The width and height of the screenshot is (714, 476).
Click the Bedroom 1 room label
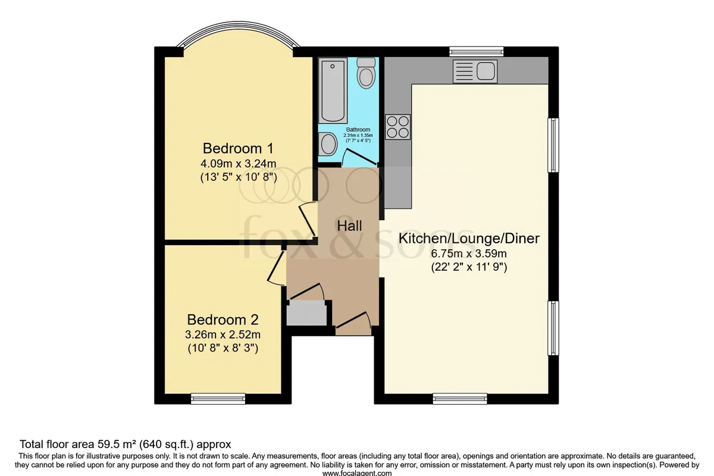(x=238, y=149)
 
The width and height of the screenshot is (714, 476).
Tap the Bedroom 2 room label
(x=223, y=320)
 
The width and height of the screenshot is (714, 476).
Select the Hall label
(x=349, y=226)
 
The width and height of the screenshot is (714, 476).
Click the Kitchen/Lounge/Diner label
(x=469, y=239)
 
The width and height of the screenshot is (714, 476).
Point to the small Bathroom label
(x=358, y=130)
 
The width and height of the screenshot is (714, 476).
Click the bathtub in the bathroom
(x=333, y=90)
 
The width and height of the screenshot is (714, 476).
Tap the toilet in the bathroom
(x=365, y=73)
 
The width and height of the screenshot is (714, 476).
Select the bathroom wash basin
(x=328, y=144)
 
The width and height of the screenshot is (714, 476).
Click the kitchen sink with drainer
(x=475, y=71)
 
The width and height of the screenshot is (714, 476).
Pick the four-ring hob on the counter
(x=398, y=127)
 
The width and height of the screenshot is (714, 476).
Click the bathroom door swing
(x=360, y=158)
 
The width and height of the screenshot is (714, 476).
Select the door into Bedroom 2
(x=277, y=268)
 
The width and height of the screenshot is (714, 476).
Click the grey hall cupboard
(x=306, y=313)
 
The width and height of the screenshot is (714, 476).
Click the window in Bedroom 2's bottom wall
(x=218, y=399)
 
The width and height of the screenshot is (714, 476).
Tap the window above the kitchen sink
(x=477, y=52)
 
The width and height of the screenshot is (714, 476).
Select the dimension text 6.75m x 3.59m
(x=469, y=254)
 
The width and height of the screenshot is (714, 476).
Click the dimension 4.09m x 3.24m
(x=238, y=164)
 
